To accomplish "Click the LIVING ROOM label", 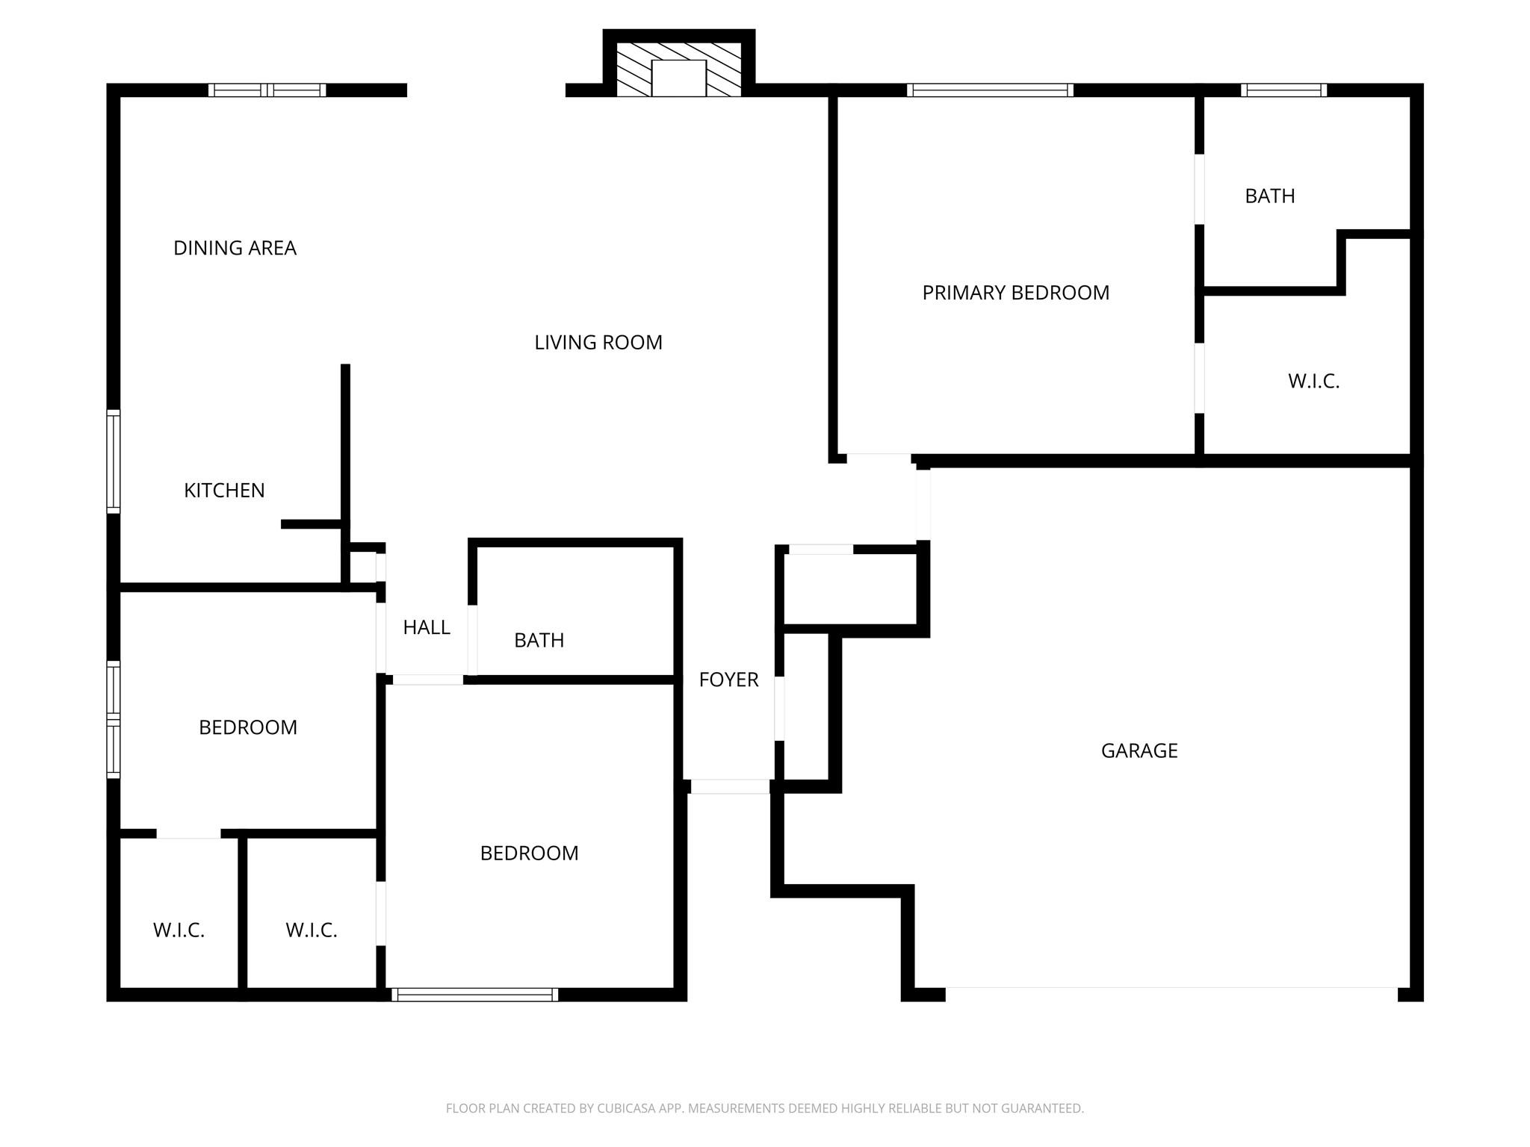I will pos(598,343).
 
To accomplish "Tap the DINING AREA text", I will pos(235,248).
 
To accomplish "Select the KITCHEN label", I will pos(224,491).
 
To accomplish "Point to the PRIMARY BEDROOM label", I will pos(1015,293).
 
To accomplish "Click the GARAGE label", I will pos(1139,750).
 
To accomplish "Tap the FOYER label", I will pos(728,680).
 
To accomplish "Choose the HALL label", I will pos(426,627).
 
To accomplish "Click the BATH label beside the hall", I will pos(539,640).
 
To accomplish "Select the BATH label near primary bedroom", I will pos(1269,196).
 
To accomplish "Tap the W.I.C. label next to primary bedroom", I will pos(1313,382).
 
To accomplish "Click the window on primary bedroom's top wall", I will pos(990,90).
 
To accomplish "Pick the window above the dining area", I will pos(267,90).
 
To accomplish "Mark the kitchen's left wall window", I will pos(114,461).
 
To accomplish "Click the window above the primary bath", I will pos(1283,90).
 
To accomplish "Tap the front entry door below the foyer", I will pos(729,786).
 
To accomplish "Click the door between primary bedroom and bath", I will pos(1199,189).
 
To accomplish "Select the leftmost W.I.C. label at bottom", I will pos(179,930).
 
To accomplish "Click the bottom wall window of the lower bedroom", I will pos(474,995).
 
